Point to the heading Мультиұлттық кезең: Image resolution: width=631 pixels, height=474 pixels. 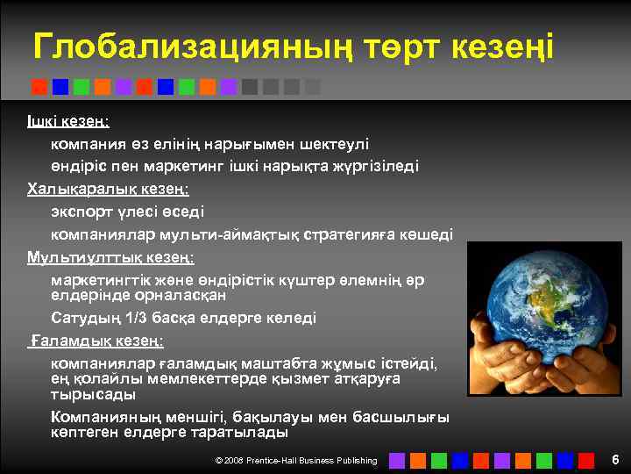(110, 257)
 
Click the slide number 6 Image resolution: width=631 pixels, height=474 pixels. (615, 460)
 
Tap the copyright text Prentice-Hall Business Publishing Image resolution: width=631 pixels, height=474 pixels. (308, 461)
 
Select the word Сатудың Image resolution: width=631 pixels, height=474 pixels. (85, 318)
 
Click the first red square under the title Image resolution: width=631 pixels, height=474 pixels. (39, 87)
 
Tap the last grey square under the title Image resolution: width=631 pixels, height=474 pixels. (313, 87)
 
